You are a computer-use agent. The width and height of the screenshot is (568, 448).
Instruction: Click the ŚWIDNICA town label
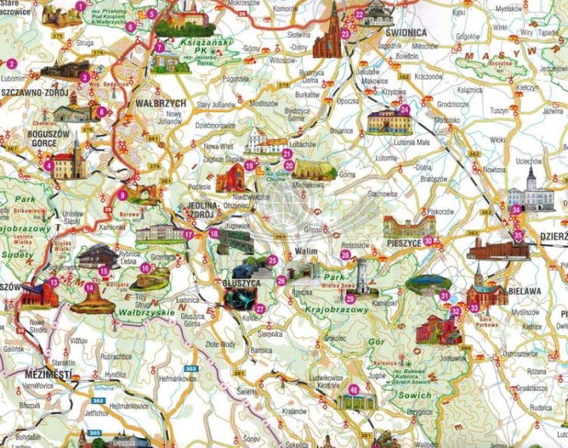406,33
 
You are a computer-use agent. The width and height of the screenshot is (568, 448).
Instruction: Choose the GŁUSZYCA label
242,282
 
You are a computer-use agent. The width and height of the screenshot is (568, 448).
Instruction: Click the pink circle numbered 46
353,390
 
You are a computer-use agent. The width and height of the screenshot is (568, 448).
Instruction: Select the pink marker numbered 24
404,109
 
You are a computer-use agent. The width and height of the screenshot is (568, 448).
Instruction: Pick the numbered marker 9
122,195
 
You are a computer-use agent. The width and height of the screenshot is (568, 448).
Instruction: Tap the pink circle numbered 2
11,63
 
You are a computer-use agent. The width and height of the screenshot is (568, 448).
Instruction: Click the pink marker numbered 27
260,308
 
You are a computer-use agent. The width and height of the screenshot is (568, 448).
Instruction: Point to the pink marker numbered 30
428,241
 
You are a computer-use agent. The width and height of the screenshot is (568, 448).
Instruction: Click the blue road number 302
98,400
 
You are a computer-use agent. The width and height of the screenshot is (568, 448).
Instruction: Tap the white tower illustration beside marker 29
362,276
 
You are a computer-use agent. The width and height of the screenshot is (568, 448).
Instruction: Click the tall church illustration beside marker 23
330,32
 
